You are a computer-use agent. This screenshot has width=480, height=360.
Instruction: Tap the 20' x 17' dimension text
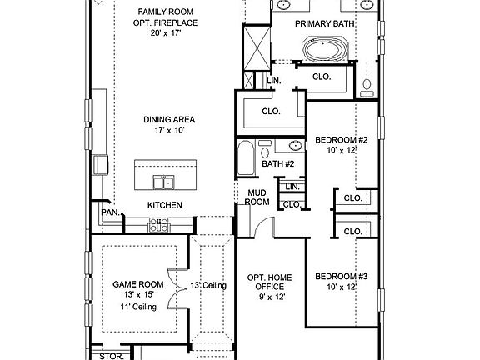(165, 34)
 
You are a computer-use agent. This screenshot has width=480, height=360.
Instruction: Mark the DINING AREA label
(168, 119)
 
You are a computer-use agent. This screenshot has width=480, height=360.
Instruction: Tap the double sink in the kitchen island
(163, 182)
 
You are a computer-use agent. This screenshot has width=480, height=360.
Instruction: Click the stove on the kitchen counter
(159, 225)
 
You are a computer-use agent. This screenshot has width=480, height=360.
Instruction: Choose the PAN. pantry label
(110, 212)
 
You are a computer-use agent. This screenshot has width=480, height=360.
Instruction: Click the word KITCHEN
(165, 205)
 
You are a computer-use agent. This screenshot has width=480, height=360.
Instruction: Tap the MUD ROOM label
(256, 197)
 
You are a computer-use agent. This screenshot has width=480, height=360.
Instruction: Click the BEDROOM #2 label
(341, 140)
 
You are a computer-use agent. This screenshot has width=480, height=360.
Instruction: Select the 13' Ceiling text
(208, 286)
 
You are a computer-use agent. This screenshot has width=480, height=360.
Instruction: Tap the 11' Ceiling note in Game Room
(135, 307)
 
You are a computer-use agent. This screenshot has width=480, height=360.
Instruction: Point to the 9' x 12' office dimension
(271, 297)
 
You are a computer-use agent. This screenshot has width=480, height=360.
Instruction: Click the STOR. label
(110, 356)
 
